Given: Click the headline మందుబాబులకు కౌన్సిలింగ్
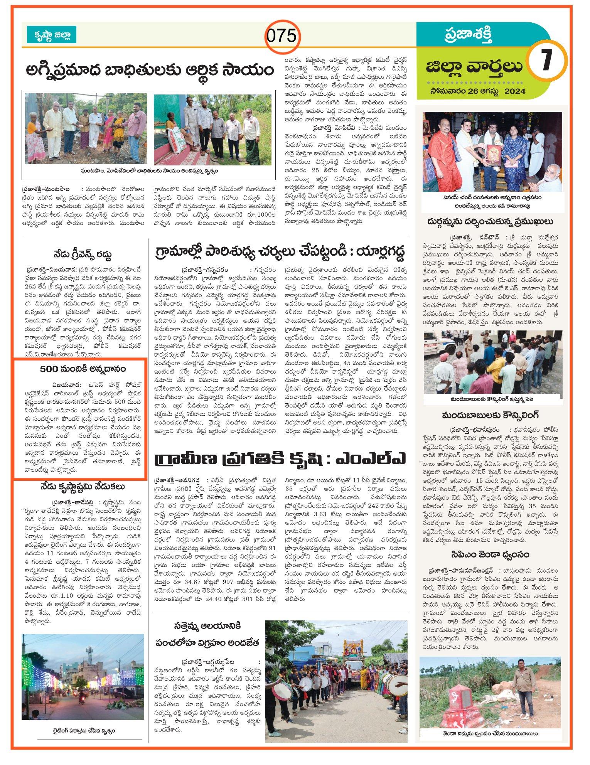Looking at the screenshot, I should [491, 415].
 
